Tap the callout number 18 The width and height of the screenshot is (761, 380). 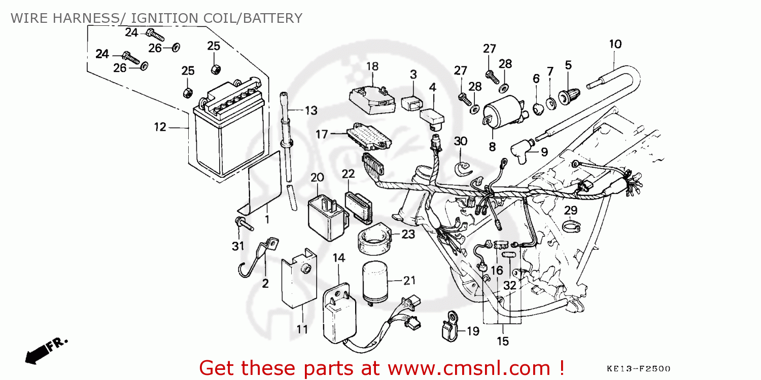coord(372,66)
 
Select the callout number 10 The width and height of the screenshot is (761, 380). coord(615,44)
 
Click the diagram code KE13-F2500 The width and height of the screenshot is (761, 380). coord(638,368)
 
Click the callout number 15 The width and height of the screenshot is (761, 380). coord(502,341)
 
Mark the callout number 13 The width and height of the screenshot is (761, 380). coord(310,110)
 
